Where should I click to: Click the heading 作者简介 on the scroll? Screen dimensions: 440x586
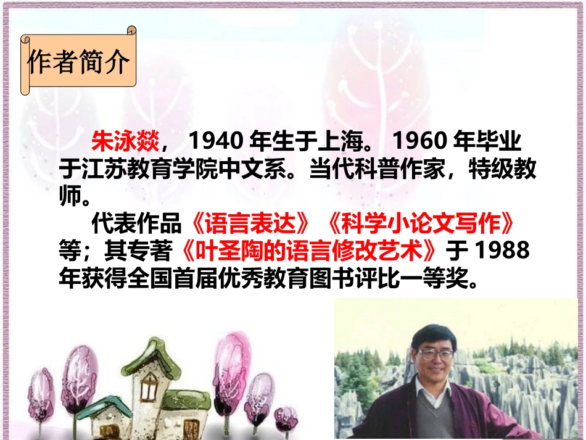[x=78, y=62]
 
